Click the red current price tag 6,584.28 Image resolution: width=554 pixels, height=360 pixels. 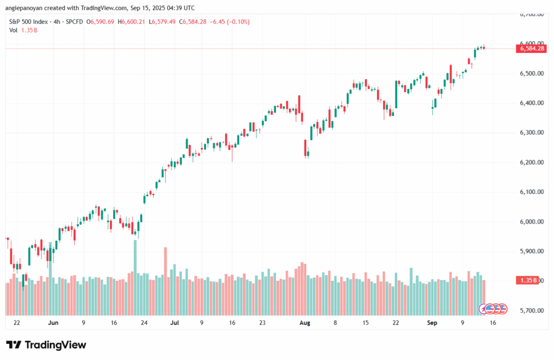coord(532,49)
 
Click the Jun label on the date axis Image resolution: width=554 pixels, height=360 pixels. coord(53,323)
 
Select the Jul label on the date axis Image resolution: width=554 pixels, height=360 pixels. coord(175,323)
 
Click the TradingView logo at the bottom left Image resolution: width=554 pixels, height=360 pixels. coord(46,345)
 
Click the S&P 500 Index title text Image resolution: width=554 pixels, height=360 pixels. coord(32,21)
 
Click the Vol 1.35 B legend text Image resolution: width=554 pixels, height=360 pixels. coord(23,30)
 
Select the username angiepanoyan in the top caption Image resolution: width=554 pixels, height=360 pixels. coord(26,8)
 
